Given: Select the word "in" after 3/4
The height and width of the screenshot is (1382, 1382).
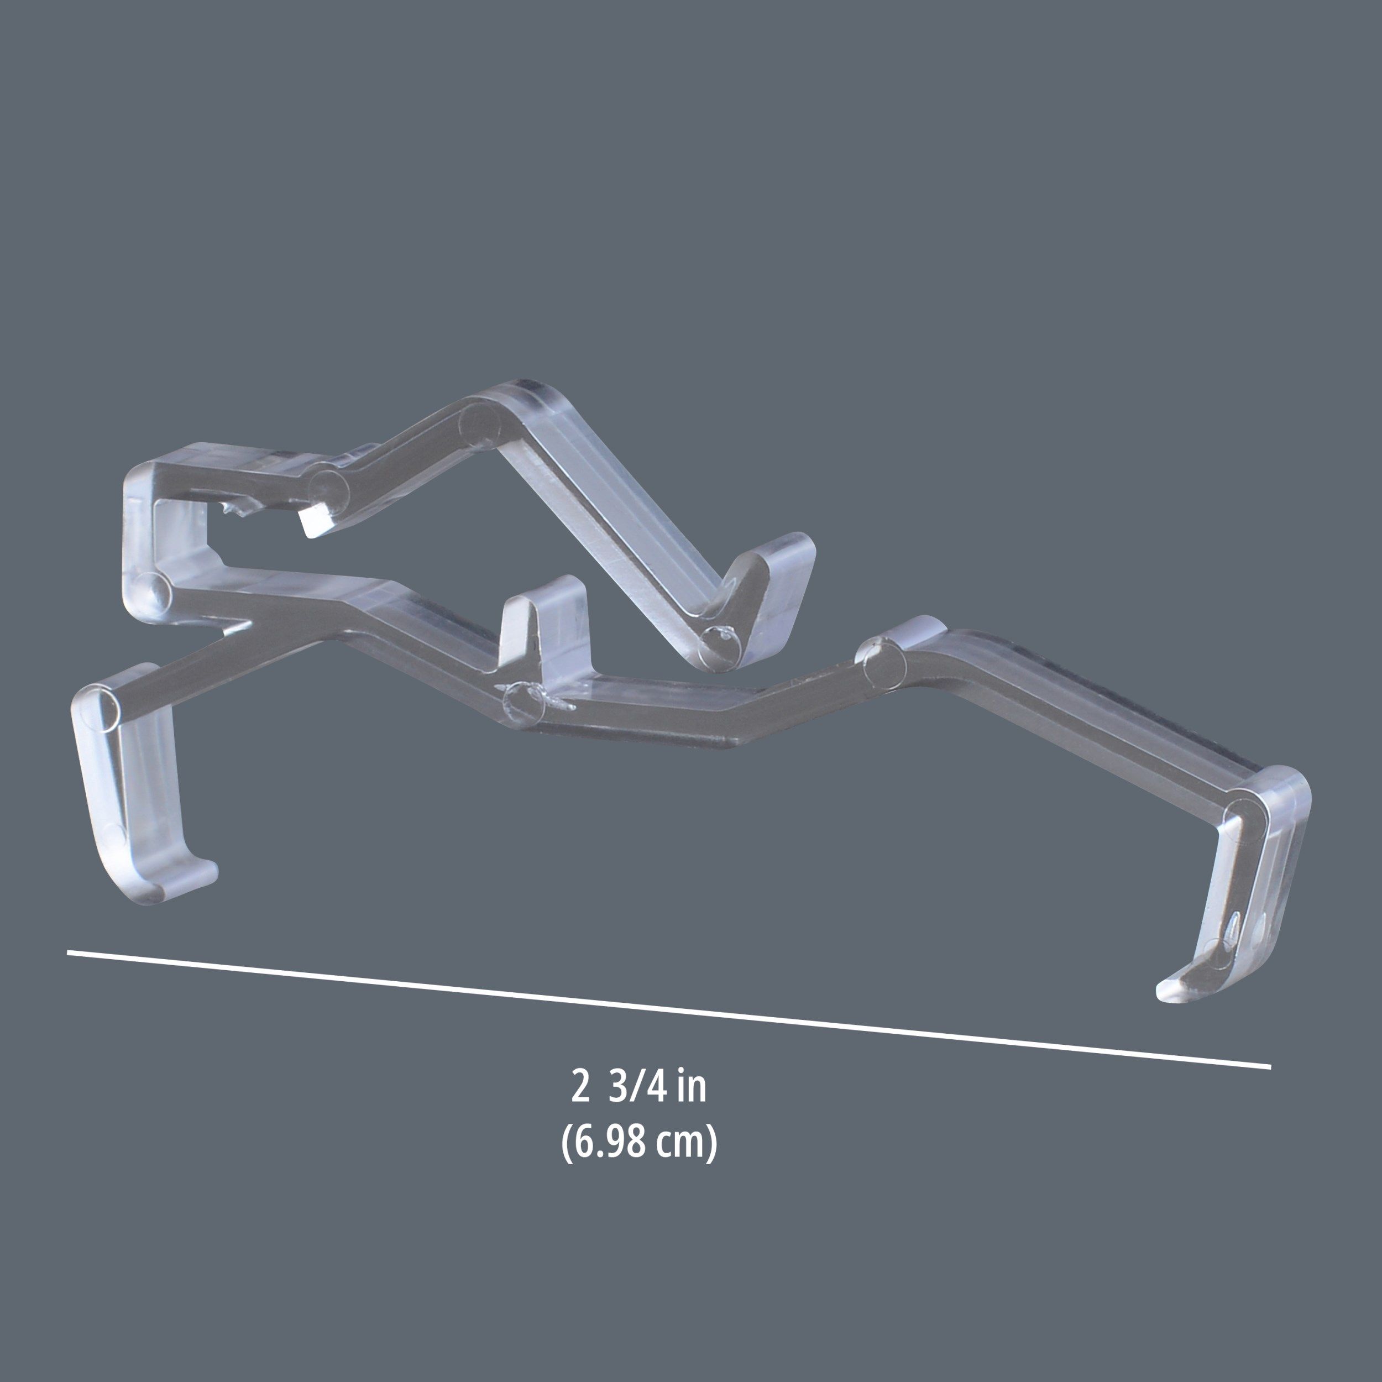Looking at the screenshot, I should (690, 1087).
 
